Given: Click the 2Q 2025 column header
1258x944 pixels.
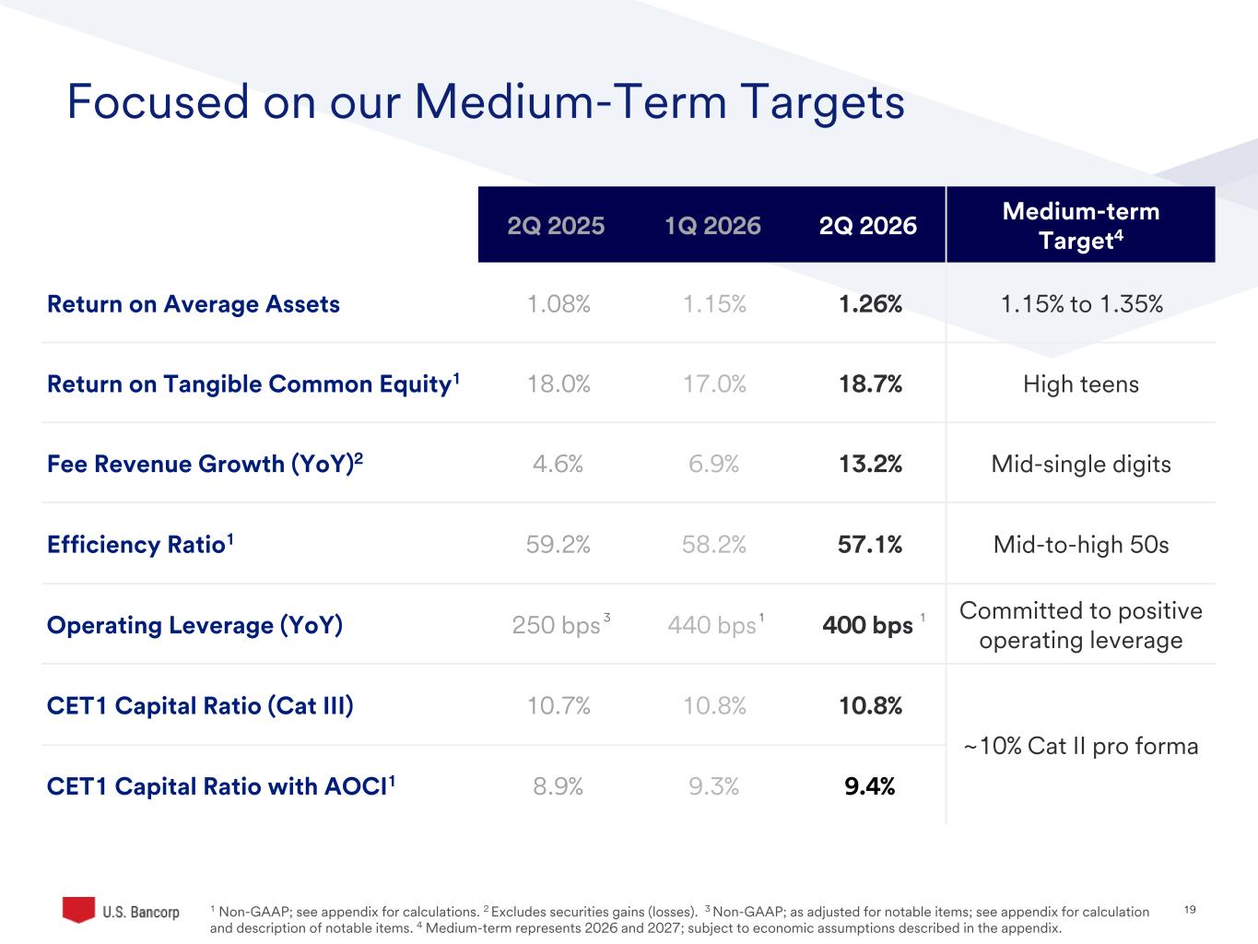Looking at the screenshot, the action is [x=556, y=225].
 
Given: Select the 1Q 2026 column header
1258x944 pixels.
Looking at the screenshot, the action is [x=712, y=225].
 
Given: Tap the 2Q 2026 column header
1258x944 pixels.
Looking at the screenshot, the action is [x=868, y=225].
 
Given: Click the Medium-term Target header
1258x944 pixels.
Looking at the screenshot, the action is [x=1081, y=225].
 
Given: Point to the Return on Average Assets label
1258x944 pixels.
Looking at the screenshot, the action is [x=194, y=304].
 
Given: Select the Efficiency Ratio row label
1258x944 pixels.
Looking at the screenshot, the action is [x=140, y=543].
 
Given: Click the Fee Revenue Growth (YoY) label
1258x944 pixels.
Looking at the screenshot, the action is [x=205, y=463].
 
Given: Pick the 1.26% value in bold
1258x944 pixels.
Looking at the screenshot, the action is [x=870, y=304].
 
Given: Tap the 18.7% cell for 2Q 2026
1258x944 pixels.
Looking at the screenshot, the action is [x=870, y=383].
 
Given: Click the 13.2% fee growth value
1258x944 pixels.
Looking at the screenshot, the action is [x=870, y=463].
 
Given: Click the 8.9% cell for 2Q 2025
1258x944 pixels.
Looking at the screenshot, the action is [x=558, y=785].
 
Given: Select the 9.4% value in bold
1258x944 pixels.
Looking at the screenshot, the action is [x=869, y=785].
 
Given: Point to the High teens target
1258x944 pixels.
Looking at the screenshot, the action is [x=1081, y=383].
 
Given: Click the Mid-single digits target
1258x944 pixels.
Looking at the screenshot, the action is [x=1081, y=464].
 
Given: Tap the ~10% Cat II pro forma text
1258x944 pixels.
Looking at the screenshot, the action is [x=1081, y=746].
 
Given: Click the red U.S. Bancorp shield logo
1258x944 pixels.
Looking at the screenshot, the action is [x=78, y=909].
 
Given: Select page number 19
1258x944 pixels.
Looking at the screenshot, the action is [x=1190, y=909].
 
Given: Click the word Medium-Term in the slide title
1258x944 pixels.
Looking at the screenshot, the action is [x=570, y=102].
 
